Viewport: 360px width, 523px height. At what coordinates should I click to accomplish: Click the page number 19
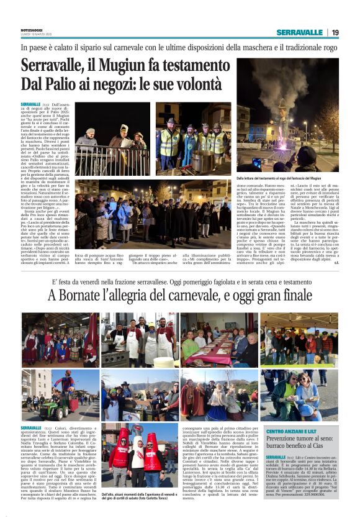[x=336, y=32]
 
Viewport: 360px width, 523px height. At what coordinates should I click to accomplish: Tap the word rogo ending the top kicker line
[x=330, y=47]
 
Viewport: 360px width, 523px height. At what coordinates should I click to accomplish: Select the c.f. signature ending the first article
[x=336, y=262]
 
